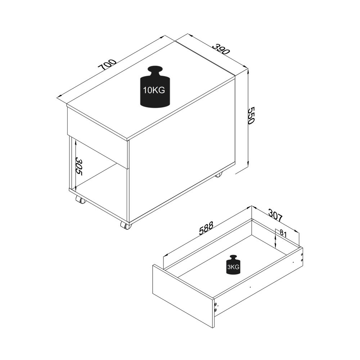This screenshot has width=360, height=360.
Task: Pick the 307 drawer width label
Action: point(275,215)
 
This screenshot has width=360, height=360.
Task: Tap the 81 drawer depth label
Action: point(283,234)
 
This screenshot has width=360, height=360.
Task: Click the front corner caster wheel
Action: point(126,225)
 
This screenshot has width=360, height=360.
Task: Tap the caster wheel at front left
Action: point(81,200)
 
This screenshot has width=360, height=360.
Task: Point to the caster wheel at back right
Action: point(219,175)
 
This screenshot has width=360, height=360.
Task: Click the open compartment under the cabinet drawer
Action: point(99,173)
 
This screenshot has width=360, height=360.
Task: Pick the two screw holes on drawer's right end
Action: point(302,257)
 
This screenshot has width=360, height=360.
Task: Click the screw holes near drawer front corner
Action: point(215,307)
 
